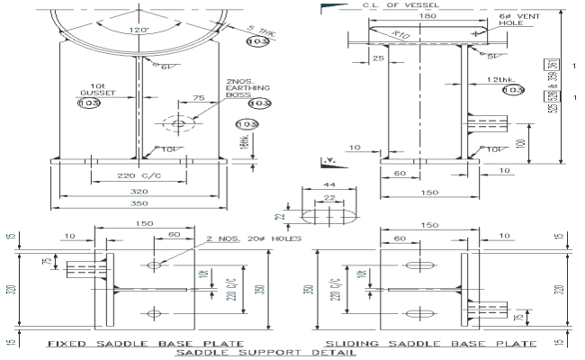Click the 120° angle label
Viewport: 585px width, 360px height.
[x=139, y=30]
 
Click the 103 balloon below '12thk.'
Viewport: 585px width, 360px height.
[x=511, y=90]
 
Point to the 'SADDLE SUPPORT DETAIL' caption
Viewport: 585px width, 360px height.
[x=278, y=353]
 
